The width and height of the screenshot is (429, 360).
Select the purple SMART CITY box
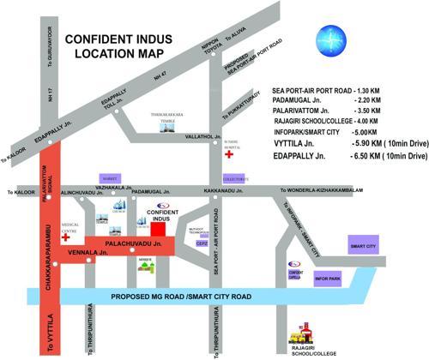(x=363, y=245)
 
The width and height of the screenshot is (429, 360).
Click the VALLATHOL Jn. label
(x=201, y=135)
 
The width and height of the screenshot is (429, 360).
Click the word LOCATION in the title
(x=91, y=53)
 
